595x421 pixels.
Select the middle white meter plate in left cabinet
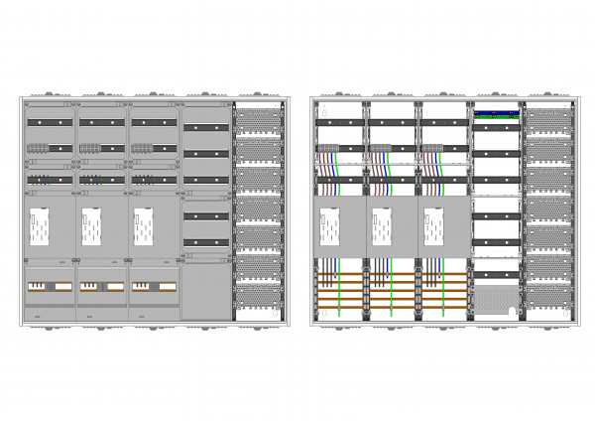pos(88,227)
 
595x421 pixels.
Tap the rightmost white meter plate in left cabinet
pos(140,227)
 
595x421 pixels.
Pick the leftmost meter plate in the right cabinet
pos(328,227)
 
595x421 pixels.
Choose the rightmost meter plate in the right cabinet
pos(431,227)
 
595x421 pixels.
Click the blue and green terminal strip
pos(497,114)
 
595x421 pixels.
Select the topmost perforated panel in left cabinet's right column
pos(259,119)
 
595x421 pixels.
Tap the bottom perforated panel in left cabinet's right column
pos(259,298)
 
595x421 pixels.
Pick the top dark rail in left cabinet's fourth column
pos(206,128)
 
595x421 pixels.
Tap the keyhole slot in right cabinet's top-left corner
pos(314,103)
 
